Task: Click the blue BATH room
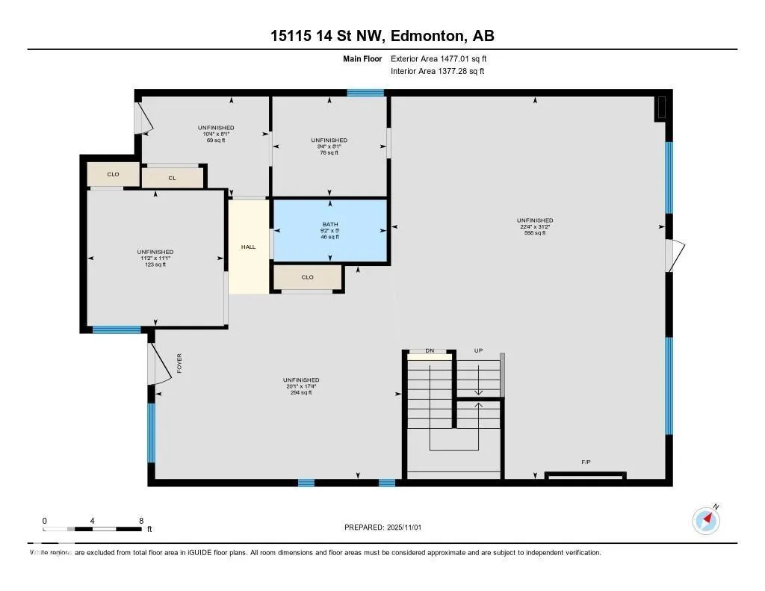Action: (329, 230)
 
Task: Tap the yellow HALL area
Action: (248, 247)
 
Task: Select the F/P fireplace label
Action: (586, 462)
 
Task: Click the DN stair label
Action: (430, 350)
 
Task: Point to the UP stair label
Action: (479, 350)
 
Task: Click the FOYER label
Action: (179, 363)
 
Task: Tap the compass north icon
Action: (706, 519)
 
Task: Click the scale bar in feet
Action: (93, 528)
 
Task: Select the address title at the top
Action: (382, 36)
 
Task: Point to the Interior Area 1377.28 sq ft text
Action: (437, 72)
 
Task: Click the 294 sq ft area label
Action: (301, 392)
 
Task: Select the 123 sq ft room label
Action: (155, 264)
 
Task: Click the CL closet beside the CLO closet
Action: (173, 178)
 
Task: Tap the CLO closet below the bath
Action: (308, 277)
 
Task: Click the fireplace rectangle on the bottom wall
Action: (585, 475)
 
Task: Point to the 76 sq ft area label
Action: (329, 152)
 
